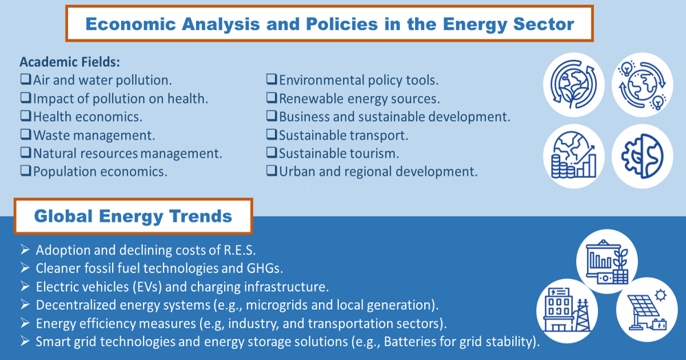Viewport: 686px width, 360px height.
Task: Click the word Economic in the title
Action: [131, 24]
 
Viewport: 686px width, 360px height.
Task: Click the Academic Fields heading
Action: [70, 62]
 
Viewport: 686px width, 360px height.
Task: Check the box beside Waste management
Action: [26, 134]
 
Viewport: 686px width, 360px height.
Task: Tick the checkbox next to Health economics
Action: [26, 115]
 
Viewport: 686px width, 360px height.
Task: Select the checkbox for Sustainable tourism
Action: [272, 152]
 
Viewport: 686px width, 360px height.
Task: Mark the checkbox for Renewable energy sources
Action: [272, 98]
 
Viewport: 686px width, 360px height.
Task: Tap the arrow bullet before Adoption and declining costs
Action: [25, 250]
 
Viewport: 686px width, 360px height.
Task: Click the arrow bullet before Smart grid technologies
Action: [25, 341]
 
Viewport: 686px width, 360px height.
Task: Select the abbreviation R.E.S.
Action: [240, 250]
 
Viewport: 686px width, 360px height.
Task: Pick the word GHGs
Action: [265, 269]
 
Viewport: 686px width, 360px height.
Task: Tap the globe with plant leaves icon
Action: [573, 85]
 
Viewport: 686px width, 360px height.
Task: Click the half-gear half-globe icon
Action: [642, 156]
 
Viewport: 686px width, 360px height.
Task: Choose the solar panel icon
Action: [647, 310]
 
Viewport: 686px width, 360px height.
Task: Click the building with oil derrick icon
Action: [567, 310]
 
